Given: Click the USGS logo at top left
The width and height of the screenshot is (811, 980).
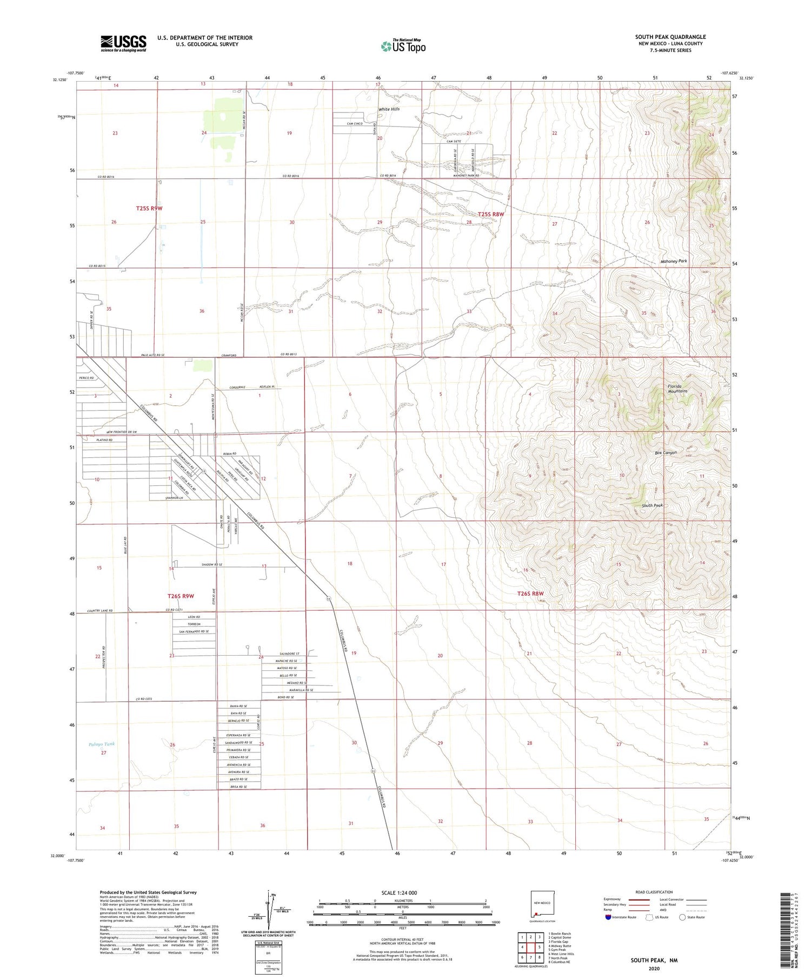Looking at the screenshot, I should (123, 43).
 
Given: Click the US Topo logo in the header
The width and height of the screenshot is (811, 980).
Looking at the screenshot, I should (403, 46).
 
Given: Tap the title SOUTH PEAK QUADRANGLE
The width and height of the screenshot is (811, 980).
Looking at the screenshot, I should (670, 37).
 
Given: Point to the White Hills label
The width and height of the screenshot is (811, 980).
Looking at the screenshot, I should (389, 109).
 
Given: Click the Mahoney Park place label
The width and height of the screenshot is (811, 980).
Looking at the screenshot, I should (674, 261).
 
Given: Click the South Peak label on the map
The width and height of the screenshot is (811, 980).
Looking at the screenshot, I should (652, 505).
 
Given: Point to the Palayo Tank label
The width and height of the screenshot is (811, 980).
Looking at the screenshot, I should (102, 744).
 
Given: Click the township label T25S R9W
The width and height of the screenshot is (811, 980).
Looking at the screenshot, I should (149, 208).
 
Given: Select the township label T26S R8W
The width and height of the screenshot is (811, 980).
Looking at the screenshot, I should (530, 594).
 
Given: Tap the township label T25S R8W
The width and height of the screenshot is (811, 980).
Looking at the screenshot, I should (490, 214).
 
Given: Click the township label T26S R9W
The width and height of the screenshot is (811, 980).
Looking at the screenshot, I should (181, 596).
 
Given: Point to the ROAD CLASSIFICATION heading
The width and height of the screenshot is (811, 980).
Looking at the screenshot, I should (654, 892).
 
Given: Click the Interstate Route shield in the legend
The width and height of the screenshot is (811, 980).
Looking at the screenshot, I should (608, 917).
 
